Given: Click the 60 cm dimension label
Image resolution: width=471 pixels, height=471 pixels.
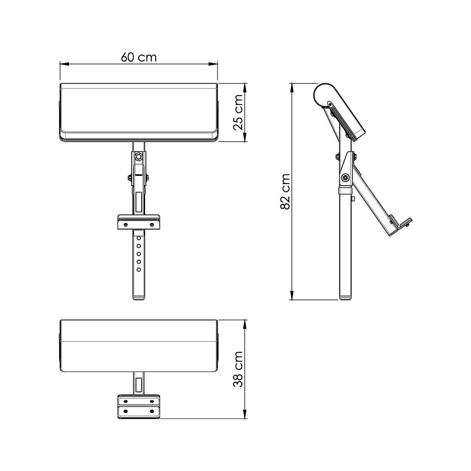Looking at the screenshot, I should [x=139, y=57].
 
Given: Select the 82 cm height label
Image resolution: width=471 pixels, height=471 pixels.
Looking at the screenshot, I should [x=285, y=192].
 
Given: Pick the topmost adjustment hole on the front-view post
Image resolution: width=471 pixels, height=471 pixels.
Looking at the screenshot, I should [x=138, y=237].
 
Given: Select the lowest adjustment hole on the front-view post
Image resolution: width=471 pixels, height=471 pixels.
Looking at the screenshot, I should [x=138, y=270].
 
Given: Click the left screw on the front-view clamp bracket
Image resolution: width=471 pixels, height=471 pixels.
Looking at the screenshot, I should [x=125, y=225].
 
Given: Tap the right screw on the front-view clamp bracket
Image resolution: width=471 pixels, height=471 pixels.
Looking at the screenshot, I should [x=152, y=225].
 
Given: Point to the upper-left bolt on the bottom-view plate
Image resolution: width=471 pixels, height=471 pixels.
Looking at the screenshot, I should [x=125, y=402].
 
